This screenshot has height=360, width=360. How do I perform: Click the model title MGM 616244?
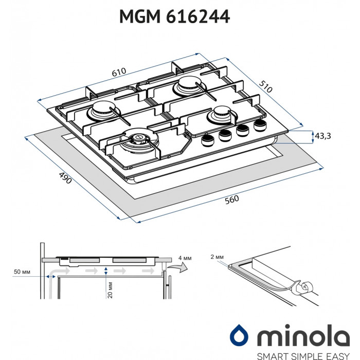click(174, 17)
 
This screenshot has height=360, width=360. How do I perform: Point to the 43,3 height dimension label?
click(322, 136)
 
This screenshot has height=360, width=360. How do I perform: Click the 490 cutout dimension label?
click(64, 178)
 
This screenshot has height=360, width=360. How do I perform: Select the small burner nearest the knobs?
click(220, 115)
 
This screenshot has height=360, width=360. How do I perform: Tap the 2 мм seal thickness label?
click(217, 256)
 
